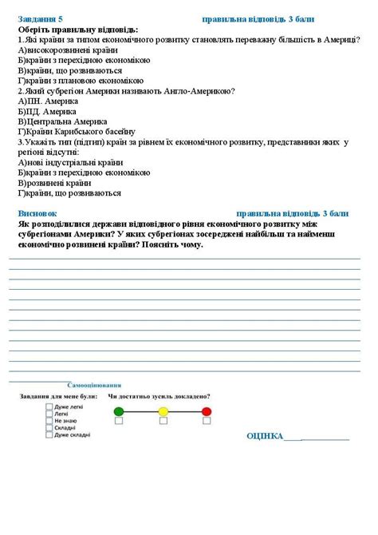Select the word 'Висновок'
point(37,214)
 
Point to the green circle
point(120,411)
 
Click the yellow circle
point(163,411)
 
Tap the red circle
point(207,411)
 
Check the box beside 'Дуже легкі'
point(49,406)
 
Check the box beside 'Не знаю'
point(49,420)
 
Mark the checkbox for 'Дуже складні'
point(49,434)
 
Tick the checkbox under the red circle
point(207,422)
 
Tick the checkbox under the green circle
point(120,422)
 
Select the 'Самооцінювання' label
point(100,385)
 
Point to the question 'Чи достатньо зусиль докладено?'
point(159,396)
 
